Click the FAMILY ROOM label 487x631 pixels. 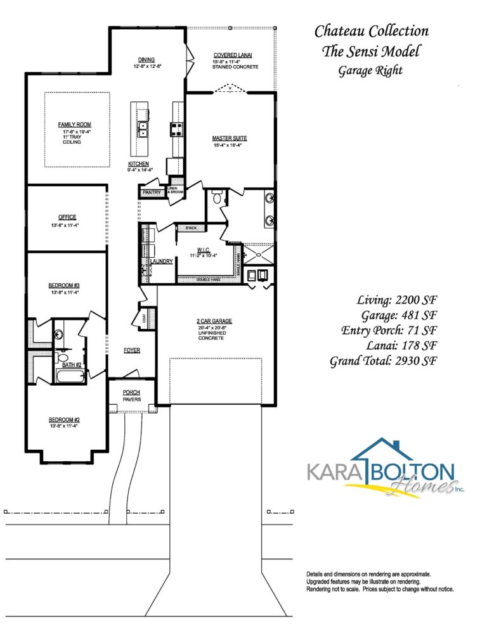click(x=76, y=124)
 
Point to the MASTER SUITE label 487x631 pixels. click(x=229, y=138)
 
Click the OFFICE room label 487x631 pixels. click(x=67, y=217)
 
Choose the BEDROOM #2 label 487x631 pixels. click(x=64, y=419)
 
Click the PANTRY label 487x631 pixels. click(x=152, y=192)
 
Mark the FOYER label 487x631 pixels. click(x=132, y=350)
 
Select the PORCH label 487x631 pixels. click(x=131, y=392)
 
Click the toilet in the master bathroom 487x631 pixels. click(x=218, y=199)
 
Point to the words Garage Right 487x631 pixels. click(x=370, y=70)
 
